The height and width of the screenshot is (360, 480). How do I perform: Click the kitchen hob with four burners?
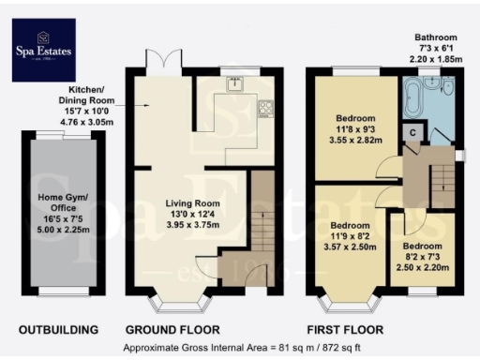(265, 105)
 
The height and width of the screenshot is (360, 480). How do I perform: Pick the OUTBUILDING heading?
(59, 330)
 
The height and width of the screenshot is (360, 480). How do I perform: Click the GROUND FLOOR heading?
(172, 330)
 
